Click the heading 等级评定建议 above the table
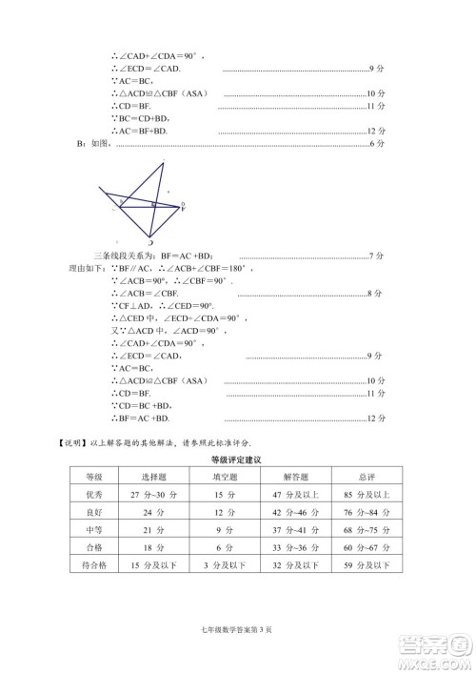click(236, 460)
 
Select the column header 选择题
click(154, 477)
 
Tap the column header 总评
click(367, 477)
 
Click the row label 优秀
click(94, 495)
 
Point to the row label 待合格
click(94, 564)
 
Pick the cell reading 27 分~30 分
click(154, 495)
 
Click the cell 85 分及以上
click(367, 495)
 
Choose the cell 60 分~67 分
click(367, 547)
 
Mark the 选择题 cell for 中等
click(154, 530)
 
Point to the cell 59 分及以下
click(367, 564)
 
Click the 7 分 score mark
click(375, 256)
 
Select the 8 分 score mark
click(375, 294)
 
